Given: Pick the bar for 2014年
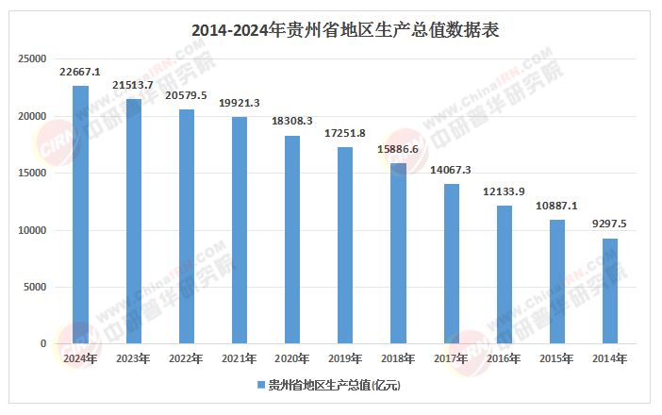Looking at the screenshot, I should tap(610, 291).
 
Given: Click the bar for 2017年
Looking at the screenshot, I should tap(452, 264).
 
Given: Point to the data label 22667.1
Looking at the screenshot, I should tap(80, 72).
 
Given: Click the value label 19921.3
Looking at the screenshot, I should tap(240, 103).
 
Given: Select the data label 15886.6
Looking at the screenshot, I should tap(398, 149).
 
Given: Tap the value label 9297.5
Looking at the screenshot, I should tap(610, 224).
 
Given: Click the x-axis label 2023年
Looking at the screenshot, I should tap(133, 358).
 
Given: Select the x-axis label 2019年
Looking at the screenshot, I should tap(345, 358).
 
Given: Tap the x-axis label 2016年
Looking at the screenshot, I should tap(505, 358).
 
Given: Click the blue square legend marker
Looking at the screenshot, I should tap(262, 385).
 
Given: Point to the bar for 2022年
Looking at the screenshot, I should tap(186, 226).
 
